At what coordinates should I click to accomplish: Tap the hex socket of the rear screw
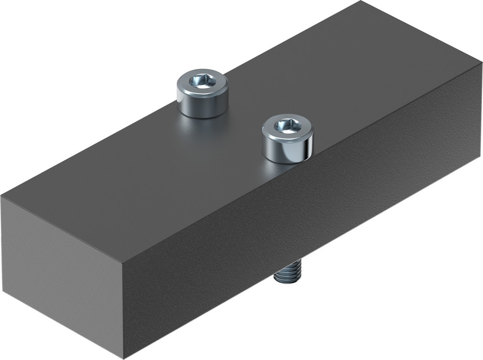[201, 81]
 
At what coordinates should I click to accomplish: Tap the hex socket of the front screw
[287, 125]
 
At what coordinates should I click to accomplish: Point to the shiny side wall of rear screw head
[202, 104]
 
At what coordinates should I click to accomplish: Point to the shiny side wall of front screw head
[287, 150]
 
